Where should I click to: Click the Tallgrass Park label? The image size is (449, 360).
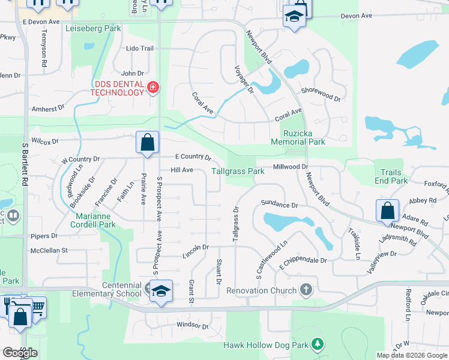[238, 171]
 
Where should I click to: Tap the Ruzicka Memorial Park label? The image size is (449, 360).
[298, 137]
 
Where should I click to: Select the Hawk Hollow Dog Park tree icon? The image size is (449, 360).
[318, 344]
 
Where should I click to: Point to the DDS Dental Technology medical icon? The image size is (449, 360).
[153, 88]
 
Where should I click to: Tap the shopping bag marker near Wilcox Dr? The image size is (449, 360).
[147, 143]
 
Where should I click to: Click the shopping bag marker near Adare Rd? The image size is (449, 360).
[387, 211]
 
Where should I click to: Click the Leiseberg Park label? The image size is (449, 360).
[96, 28]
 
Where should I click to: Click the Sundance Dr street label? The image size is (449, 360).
[279, 205]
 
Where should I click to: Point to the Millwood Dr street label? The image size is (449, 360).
[290, 167]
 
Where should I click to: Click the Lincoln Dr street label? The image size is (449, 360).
[196, 247]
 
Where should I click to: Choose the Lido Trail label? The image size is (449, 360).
[140, 48]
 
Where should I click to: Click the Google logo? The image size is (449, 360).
[20, 353]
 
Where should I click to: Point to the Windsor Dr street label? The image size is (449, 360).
[192, 326]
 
